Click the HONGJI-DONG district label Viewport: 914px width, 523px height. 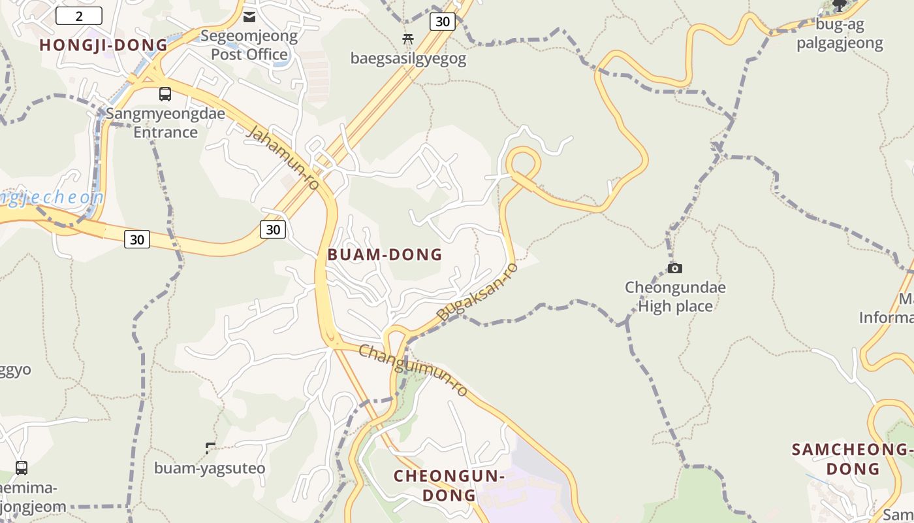coord(104,45)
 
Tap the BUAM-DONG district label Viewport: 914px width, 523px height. coord(385,254)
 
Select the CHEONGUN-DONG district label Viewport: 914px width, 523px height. coord(449,485)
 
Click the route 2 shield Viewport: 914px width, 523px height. coord(79,16)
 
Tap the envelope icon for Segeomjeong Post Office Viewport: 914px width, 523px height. coord(249,16)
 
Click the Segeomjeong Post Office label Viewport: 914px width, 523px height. coord(249,45)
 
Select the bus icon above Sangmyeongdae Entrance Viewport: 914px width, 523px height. coord(165,94)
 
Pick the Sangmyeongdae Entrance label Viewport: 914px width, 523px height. coord(165,123)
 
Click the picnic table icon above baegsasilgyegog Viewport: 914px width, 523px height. coord(409,39)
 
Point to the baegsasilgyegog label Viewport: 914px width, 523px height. coord(409,59)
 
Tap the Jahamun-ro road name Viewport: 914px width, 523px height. coord(284,159)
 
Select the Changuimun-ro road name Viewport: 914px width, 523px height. coord(413,370)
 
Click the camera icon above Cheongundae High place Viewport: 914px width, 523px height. coord(675,268)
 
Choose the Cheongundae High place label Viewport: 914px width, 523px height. coord(675,296)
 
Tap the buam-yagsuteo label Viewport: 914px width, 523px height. coord(210,468)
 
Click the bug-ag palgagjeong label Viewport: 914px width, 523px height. coord(849,34)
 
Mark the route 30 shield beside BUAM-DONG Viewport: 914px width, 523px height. coord(273,229)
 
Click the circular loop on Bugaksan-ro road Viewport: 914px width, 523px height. coord(523,163)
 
